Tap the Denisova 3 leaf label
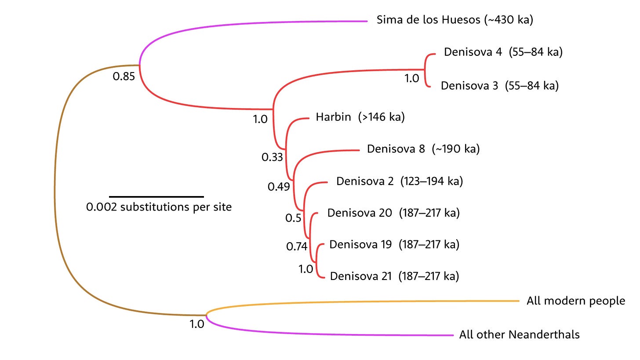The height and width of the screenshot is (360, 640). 469,85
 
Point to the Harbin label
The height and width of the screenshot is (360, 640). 333,117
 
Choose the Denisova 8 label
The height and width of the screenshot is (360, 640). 396,149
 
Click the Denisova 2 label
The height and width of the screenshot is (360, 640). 365,181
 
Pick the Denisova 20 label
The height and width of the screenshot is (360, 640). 360,213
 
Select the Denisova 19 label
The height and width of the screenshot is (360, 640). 360,244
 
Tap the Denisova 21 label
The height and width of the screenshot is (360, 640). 360,276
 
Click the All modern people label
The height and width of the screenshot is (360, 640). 575,301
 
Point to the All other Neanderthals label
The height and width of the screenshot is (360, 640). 519,335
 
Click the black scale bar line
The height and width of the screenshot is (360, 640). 156,196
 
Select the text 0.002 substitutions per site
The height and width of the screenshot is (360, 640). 159,207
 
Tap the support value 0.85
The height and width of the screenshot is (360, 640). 124,76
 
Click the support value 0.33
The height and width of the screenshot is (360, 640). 272,157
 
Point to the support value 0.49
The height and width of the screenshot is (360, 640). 279,187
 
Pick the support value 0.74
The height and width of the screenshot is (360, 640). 297,247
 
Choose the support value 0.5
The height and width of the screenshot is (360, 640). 293,218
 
